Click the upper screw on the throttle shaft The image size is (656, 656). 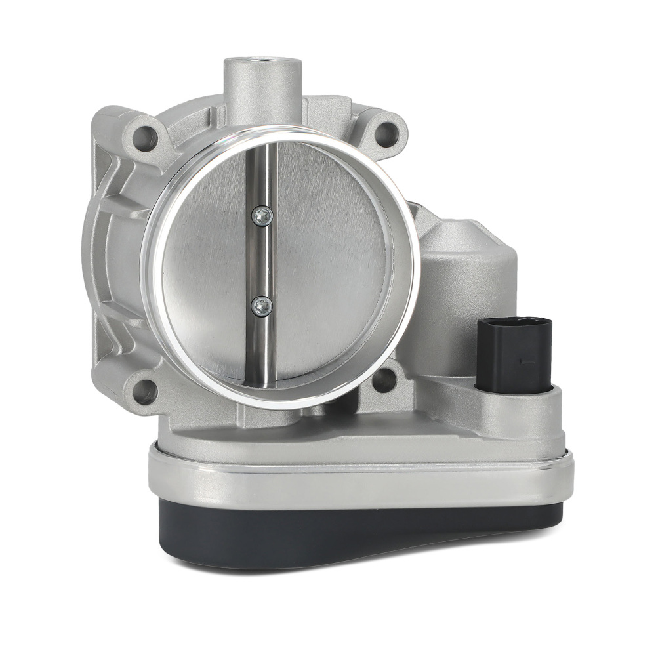(262, 215)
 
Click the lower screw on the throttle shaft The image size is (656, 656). (261, 304)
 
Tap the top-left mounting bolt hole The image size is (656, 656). (146, 138)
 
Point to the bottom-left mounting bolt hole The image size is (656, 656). (144, 391)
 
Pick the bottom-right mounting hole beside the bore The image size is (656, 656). (384, 379)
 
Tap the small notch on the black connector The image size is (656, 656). (523, 359)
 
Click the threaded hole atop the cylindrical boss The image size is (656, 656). (262, 64)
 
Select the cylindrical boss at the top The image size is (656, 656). (262, 92)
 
